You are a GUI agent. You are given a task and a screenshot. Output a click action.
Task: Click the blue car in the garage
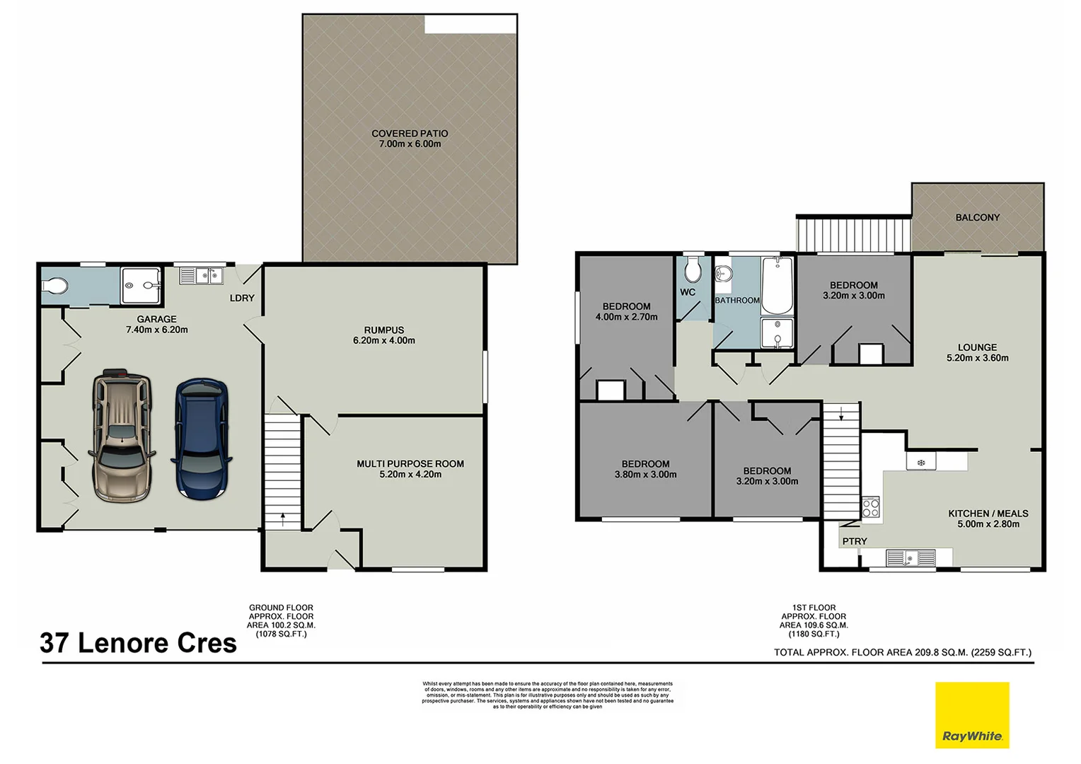(x=202, y=439)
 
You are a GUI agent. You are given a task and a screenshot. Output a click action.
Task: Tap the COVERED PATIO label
(x=410, y=139)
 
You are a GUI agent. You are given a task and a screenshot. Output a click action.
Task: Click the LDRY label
(x=242, y=298)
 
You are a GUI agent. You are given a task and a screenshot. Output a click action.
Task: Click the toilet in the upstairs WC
(x=693, y=270)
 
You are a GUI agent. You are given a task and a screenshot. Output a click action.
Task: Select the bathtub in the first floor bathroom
(x=777, y=286)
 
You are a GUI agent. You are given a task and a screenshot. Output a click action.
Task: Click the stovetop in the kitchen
(x=870, y=507)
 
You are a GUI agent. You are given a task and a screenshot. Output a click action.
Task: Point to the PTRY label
(x=854, y=541)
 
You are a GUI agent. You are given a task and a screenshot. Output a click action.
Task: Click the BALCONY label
(x=977, y=217)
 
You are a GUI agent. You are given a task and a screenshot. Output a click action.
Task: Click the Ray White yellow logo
(x=972, y=714)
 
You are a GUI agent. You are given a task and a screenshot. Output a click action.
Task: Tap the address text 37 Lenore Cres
(x=139, y=643)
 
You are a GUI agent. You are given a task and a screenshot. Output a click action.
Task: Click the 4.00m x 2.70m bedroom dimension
(x=626, y=317)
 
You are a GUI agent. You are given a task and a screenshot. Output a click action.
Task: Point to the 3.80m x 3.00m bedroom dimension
(x=645, y=475)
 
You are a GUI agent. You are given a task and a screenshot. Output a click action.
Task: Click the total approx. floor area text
(x=902, y=652)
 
